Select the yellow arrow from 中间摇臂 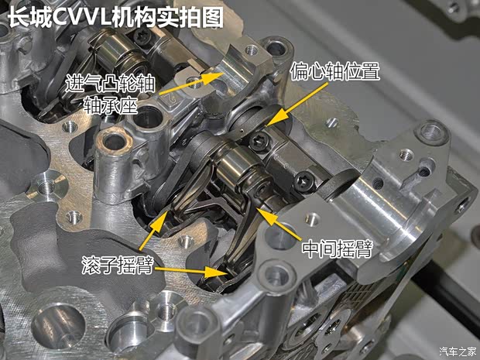(279, 225)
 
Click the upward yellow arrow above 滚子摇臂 (156, 228)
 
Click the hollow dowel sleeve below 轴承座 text (115, 142)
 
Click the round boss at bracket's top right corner (430, 133)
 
